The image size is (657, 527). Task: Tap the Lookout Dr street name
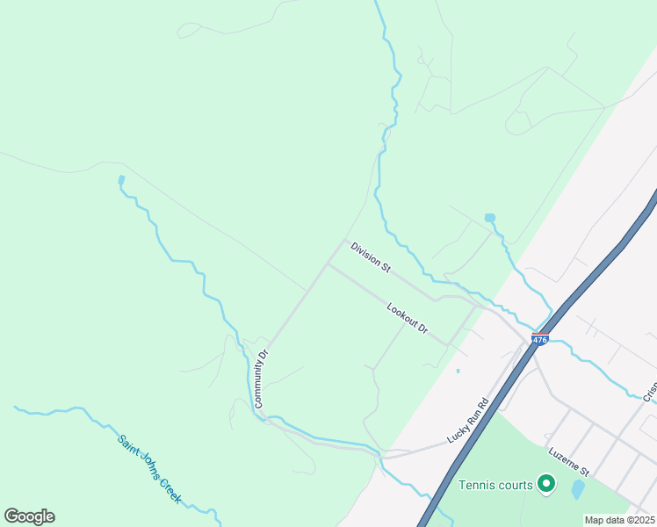(x=408, y=317)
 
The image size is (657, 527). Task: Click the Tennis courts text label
(x=495, y=485)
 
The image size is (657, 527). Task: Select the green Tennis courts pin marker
(x=545, y=483)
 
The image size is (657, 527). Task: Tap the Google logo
(x=29, y=516)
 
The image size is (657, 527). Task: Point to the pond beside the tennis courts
(x=577, y=488)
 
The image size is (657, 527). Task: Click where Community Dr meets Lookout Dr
(x=327, y=264)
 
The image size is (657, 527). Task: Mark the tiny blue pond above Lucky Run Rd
(x=458, y=371)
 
